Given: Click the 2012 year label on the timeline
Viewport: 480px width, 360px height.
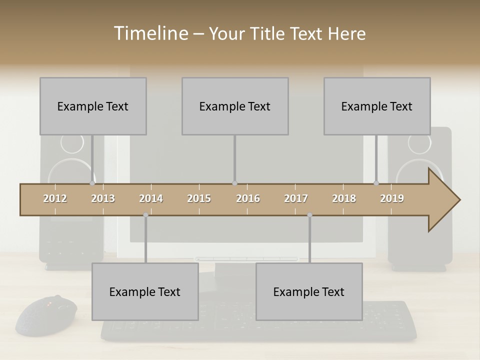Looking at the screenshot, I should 55,198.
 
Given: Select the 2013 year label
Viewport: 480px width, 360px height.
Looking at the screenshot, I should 103,198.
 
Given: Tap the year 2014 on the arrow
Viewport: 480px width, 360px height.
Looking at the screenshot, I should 151,198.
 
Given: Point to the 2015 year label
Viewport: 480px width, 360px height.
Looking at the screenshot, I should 199,198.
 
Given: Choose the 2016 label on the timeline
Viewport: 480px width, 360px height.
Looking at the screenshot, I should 248,198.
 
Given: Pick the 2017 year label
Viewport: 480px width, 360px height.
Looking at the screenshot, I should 296,198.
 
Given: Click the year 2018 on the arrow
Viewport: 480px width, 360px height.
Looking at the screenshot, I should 344,198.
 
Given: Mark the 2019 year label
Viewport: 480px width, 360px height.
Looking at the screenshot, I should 392,198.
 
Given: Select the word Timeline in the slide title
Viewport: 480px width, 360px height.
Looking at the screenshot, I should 150,33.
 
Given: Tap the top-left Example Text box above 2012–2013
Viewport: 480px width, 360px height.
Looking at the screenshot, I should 93,106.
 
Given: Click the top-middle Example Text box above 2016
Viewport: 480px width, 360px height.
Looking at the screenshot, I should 235,106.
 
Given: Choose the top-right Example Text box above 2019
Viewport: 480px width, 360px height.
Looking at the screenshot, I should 377,106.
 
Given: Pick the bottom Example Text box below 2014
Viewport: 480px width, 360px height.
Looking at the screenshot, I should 145,291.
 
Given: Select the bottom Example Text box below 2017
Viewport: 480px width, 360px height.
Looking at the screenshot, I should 309,291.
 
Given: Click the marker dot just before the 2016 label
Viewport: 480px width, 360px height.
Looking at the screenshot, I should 234,183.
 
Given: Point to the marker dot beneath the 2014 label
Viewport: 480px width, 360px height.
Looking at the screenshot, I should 145,215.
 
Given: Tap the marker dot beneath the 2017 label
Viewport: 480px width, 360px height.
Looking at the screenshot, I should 309,215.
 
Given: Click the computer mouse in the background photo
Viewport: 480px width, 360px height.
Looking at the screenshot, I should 46,315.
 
